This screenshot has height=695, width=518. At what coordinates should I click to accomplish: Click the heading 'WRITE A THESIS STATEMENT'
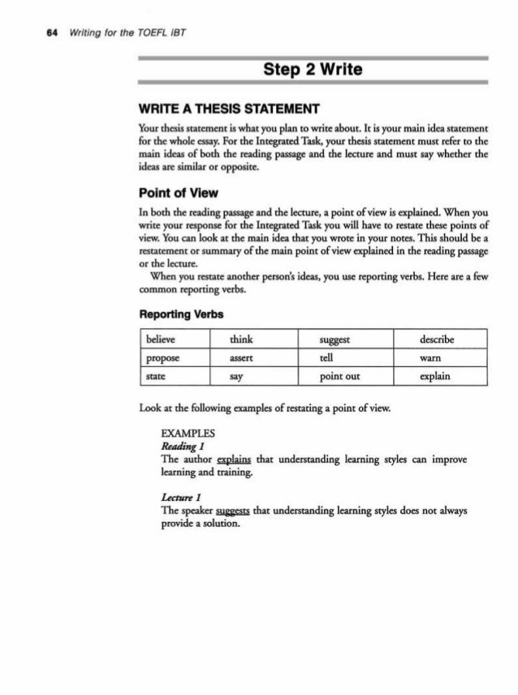[218, 109]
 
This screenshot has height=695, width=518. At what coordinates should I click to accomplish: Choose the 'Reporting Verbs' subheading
[182, 313]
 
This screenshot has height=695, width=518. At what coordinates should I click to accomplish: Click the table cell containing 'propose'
[172, 358]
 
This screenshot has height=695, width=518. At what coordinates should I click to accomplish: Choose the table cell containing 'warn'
[439, 358]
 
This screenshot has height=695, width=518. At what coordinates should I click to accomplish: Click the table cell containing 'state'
[172, 378]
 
